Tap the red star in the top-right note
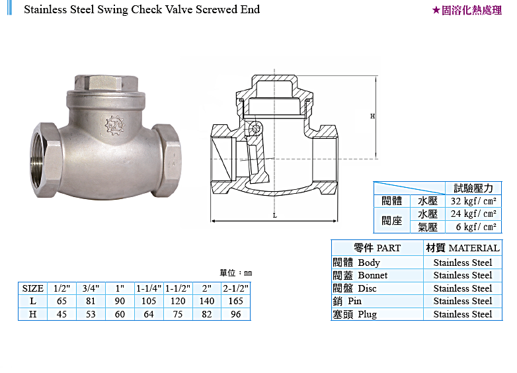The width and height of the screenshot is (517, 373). click(436, 11)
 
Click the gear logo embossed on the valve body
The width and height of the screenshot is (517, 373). click(115, 124)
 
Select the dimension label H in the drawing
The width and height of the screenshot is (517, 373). click(372, 116)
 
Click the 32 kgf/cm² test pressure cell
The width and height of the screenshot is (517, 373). click(473, 201)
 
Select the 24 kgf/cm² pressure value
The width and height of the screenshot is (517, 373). click(473, 214)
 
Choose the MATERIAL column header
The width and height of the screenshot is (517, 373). click(463, 248)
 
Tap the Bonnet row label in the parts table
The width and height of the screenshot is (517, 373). click(360, 275)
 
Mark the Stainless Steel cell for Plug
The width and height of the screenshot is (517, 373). click(463, 314)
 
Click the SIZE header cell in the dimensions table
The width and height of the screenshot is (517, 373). click(33, 288)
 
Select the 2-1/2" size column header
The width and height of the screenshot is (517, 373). click(236, 288)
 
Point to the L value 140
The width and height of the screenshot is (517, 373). click(207, 301)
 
